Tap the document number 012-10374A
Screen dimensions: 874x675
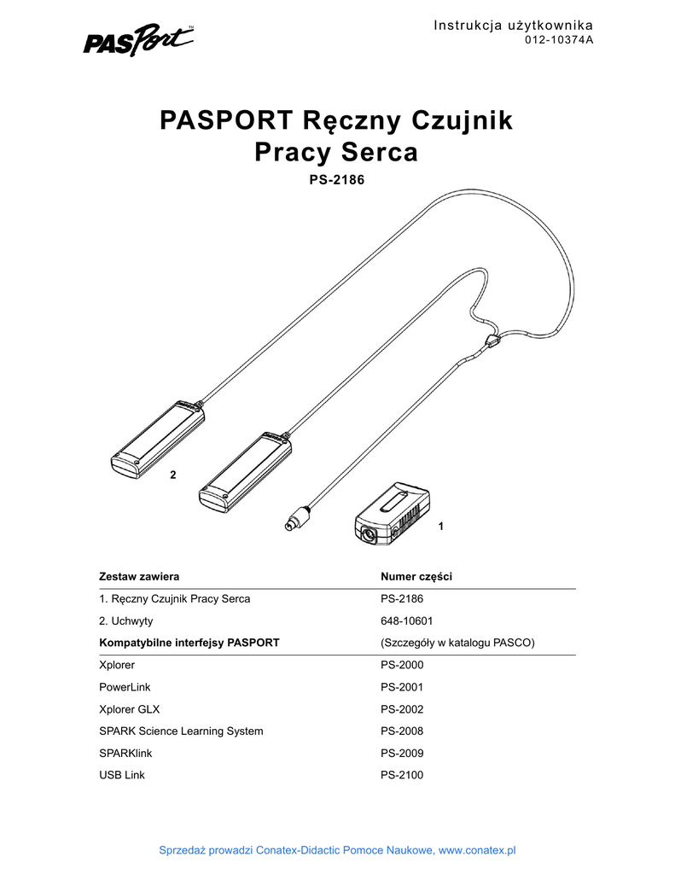point(558,40)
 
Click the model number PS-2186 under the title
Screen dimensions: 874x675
point(336,181)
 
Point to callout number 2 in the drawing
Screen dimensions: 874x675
point(172,475)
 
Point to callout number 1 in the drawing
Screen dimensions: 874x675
point(440,527)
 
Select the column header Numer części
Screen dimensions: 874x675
point(416,577)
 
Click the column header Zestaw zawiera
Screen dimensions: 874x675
point(139,577)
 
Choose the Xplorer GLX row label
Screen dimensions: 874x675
point(130,709)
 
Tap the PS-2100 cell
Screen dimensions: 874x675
point(402,775)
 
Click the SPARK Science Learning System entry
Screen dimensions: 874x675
point(181,731)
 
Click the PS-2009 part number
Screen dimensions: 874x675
point(402,754)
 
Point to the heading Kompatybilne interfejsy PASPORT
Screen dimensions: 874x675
point(189,643)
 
